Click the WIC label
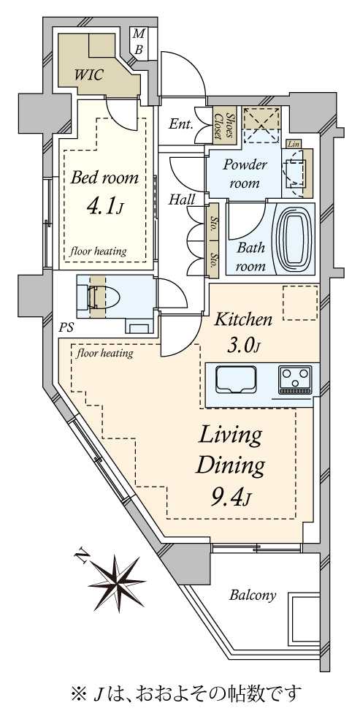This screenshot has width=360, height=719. tap(89, 74)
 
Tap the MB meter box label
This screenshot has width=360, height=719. tap(138, 42)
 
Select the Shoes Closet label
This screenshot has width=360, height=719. tap(223, 125)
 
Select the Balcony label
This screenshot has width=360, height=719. tap(253, 596)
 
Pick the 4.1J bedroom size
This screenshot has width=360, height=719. tap(104, 207)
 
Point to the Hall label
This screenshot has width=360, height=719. tap(182, 200)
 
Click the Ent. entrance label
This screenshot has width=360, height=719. tap(180, 124)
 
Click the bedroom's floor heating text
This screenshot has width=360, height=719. tap(98, 251)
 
